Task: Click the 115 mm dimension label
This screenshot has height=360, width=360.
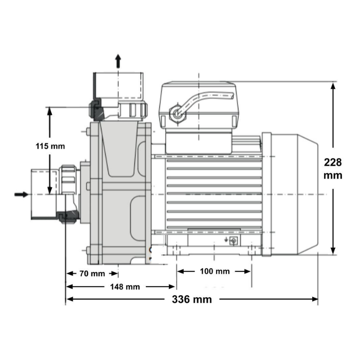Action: (x=50, y=146)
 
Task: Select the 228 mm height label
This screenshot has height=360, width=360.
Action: (x=333, y=169)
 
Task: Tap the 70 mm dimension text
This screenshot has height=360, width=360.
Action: (x=92, y=274)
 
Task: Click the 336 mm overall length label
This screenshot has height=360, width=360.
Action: (x=192, y=300)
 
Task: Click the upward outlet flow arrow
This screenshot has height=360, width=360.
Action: (x=118, y=61)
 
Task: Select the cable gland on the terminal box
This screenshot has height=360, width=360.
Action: (x=175, y=114)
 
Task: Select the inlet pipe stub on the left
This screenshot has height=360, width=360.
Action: (x=43, y=193)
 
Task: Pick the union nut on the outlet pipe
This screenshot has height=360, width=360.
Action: (x=132, y=109)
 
